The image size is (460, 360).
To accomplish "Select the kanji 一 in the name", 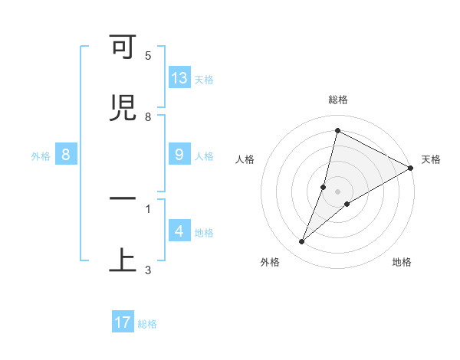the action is [123, 198].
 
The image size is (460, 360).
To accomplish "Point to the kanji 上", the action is [123, 259].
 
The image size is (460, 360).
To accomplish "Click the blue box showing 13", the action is [179, 77].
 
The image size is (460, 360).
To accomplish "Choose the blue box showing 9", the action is [179, 155].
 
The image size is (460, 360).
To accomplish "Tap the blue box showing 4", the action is [179, 231].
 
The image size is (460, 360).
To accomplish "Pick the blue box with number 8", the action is [66, 155].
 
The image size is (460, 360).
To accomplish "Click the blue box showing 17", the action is [123, 322].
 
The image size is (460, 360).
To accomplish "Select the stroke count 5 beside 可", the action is [148, 56].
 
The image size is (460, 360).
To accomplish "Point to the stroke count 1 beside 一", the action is [148, 208].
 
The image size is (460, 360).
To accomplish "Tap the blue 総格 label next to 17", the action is [147, 324].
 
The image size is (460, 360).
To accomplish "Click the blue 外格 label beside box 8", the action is [41, 156].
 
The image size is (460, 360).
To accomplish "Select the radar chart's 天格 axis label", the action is [431, 159].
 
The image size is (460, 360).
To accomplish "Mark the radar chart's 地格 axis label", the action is [402, 262].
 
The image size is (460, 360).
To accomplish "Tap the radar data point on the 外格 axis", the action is [302, 242].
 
